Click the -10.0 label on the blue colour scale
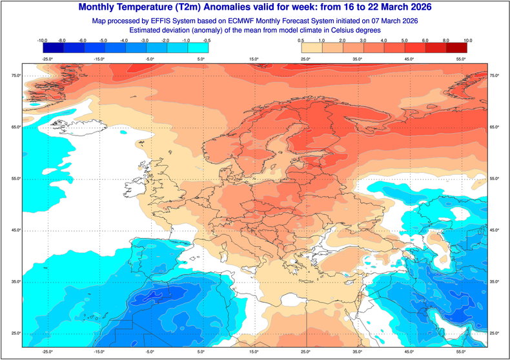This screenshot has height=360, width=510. click(43, 40)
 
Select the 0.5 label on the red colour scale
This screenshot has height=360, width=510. click(301, 40)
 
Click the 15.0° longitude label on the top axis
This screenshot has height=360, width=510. click(254, 59)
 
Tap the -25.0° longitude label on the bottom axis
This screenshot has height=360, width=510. click(47, 352)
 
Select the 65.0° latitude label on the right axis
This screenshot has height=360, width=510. click(495, 127)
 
